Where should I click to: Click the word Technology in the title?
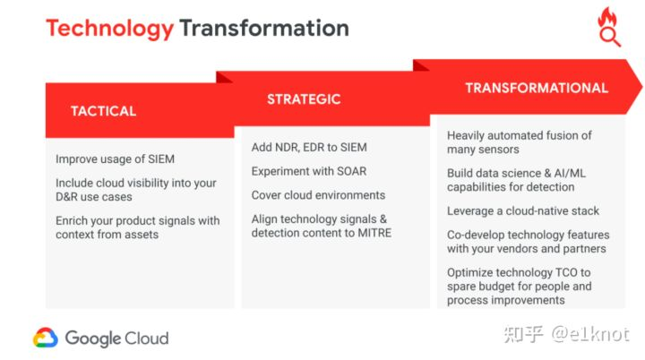(x=109, y=29)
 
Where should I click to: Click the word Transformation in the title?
(x=264, y=28)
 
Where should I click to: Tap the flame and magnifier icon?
(x=609, y=27)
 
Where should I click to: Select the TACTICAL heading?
(x=103, y=111)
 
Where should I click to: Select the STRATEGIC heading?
(x=304, y=99)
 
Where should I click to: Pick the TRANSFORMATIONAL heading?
(x=537, y=88)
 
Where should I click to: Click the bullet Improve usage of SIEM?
(x=116, y=159)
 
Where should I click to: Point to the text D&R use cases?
(x=94, y=197)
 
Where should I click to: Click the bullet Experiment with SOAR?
(x=309, y=171)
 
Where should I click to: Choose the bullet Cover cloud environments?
(x=318, y=195)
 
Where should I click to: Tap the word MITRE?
(x=374, y=233)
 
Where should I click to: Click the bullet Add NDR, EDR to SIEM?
(x=309, y=147)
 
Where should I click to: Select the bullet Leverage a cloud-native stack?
(x=523, y=211)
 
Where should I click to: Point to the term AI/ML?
(x=570, y=173)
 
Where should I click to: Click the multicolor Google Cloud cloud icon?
(x=46, y=338)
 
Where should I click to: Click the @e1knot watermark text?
(x=590, y=334)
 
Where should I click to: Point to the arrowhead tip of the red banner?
(x=641, y=86)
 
